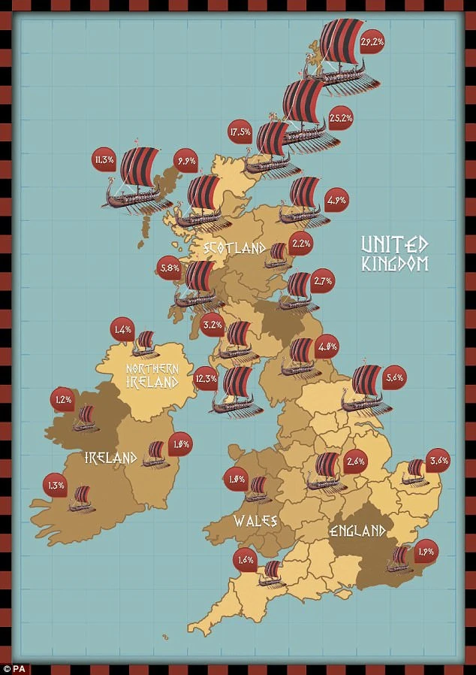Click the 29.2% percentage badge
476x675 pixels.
pos(373,43)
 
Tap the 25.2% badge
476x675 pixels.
pos(340,118)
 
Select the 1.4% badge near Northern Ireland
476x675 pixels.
pos(122,329)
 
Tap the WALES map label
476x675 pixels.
pos(255,521)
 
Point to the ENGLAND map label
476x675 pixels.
pos(357,531)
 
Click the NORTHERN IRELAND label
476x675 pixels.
pos(152,374)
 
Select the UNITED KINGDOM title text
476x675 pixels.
pos(394,254)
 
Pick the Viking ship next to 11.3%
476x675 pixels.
pos(134,178)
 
